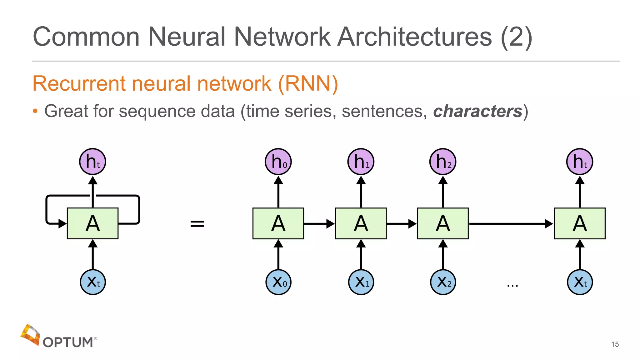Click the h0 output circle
click(x=278, y=162)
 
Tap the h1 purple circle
click(x=361, y=162)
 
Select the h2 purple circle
click(x=443, y=162)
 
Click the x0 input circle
click(x=278, y=282)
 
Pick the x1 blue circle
click(x=361, y=282)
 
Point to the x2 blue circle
click(x=443, y=282)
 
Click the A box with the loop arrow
click(x=92, y=223)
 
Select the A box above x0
click(x=278, y=223)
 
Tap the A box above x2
click(x=443, y=223)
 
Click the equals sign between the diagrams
click(x=197, y=224)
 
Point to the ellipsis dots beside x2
click(x=512, y=285)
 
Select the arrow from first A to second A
click(x=319, y=224)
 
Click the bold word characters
click(x=477, y=111)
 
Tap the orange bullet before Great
click(x=35, y=111)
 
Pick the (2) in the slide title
click(x=516, y=37)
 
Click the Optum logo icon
click(x=30, y=335)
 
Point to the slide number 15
click(x=615, y=344)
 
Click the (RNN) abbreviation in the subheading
click(x=308, y=84)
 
